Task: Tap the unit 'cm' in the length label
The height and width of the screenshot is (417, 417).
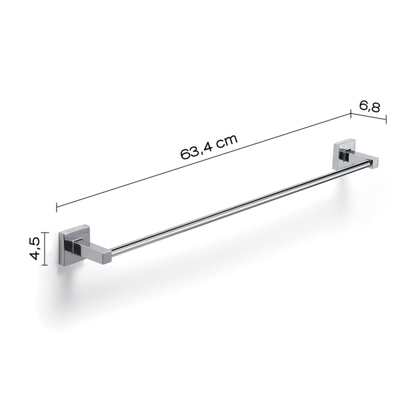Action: point(227,141)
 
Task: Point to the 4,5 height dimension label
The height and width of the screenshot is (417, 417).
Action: point(35,249)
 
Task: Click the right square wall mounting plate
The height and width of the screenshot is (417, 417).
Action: point(341,153)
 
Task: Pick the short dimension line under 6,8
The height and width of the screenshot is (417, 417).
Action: point(368,116)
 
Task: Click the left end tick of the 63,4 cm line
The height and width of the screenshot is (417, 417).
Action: point(57,207)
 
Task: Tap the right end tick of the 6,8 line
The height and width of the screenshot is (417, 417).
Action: point(386,120)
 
